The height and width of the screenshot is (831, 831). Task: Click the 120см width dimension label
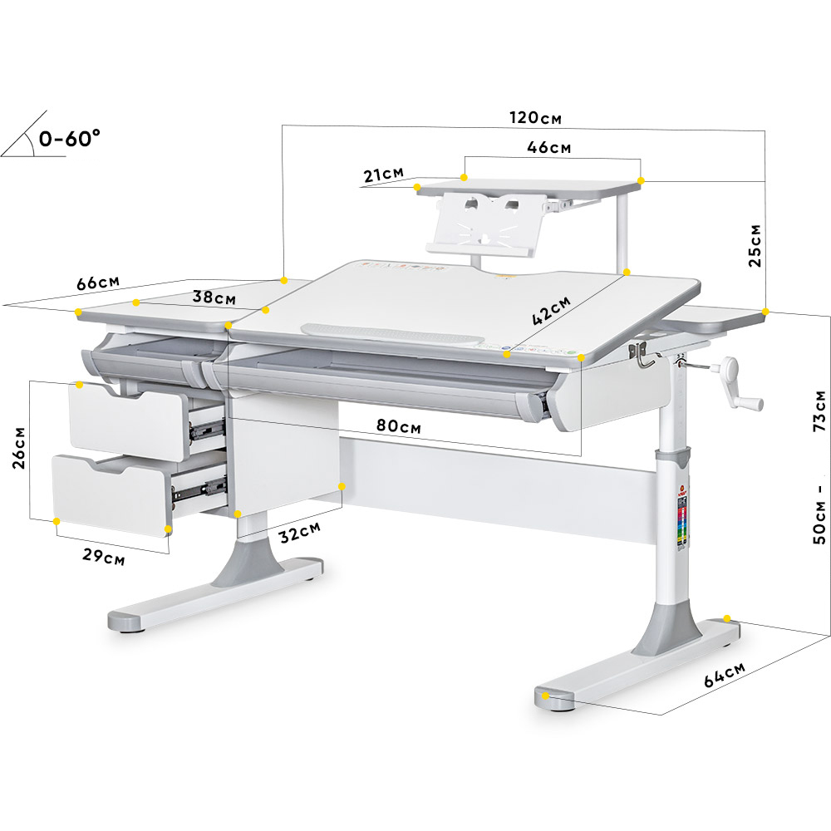(535, 117)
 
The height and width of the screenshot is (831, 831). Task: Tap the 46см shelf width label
(549, 147)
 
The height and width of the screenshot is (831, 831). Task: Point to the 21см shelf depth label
(384, 175)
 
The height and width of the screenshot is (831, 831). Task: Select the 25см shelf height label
(755, 246)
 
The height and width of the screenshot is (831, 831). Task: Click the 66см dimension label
(98, 283)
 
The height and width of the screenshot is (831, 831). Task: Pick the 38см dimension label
(214, 297)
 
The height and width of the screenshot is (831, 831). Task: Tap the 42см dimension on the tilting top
(551, 310)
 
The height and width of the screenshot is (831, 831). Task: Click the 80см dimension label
(399, 426)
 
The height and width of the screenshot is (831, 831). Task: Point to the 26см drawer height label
(19, 448)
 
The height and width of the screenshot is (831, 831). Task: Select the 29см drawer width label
(103, 557)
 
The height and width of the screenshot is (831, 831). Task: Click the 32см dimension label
(300, 532)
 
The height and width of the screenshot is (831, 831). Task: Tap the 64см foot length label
(725, 674)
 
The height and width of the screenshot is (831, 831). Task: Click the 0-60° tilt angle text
(70, 138)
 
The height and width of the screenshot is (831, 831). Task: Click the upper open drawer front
(126, 420)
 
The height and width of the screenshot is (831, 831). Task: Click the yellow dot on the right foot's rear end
(727, 618)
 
